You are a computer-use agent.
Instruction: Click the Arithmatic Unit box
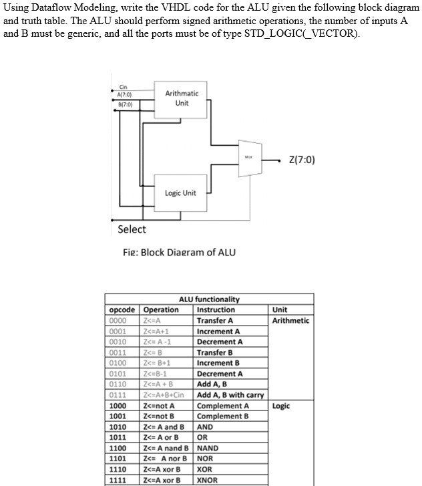click(182, 100)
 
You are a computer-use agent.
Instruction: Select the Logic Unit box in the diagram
click(180, 193)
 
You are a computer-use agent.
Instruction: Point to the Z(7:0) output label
click(302, 160)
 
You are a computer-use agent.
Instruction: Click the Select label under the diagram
click(132, 229)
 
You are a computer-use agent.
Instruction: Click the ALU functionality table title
click(209, 299)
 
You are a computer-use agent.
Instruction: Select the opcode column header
click(122, 310)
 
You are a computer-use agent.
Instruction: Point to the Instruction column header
click(216, 310)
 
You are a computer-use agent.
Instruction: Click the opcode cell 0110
click(118, 384)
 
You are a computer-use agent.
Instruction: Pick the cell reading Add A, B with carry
click(230, 395)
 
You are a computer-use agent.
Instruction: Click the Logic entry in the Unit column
click(280, 406)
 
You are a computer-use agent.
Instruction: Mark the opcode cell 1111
click(118, 479)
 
